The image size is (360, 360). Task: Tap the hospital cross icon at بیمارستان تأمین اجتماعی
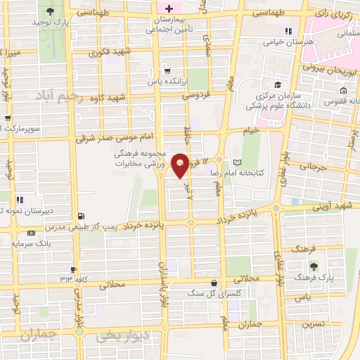pyautogui.click(x=168, y=9)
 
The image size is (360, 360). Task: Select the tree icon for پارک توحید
pyautogui.click(x=50, y=11)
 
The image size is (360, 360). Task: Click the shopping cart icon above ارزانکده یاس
pyautogui.click(x=167, y=70)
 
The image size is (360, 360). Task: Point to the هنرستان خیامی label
pyautogui.click(x=307, y=41)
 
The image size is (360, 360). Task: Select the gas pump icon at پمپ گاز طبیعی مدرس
pyautogui.click(x=82, y=215)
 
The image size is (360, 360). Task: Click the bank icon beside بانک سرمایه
pyautogui.click(x=30, y=233)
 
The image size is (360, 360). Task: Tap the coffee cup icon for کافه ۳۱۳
pyautogui.click(x=72, y=269)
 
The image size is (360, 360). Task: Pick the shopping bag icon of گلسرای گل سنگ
pyautogui.click(x=212, y=283)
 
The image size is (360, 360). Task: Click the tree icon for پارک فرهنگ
pyautogui.click(x=313, y=265)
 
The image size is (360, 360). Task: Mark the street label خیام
pyautogui.click(x=250, y=131)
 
